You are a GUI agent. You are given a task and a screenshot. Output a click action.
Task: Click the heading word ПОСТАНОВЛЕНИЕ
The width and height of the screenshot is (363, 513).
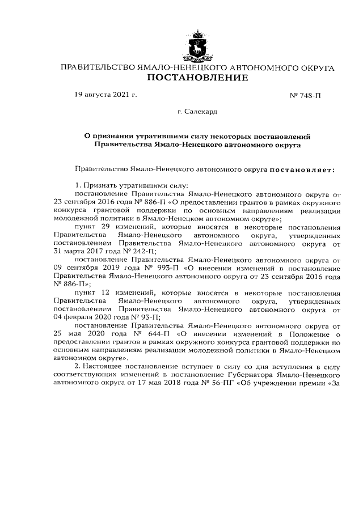(197, 78)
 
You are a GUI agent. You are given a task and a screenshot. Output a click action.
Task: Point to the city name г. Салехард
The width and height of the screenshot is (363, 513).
(197, 112)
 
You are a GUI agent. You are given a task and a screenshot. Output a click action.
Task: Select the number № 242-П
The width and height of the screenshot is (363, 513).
(142, 252)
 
